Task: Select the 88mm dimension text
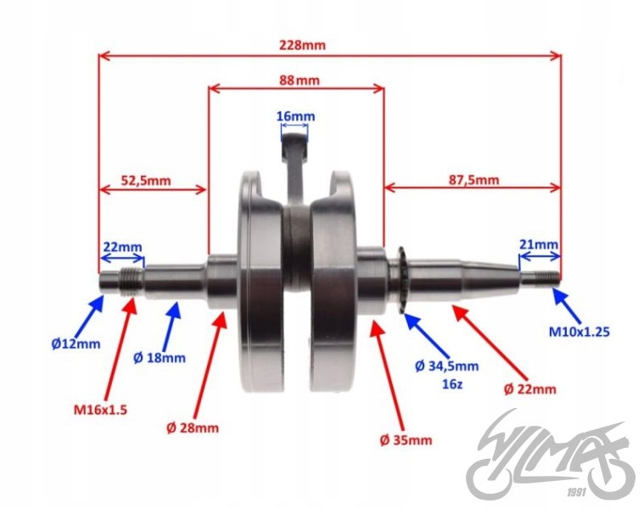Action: pyautogui.click(x=298, y=80)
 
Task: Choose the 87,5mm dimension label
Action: pyautogui.click(x=473, y=180)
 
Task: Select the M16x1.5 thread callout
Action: pyautogui.click(x=98, y=411)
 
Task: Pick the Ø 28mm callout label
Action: pyautogui.click(x=193, y=428)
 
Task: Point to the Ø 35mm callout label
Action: pyautogui.click(x=406, y=439)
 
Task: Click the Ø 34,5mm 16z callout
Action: pyautogui.click(x=447, y=374)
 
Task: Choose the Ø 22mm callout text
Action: pyautogui.click(x=530, y=389)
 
